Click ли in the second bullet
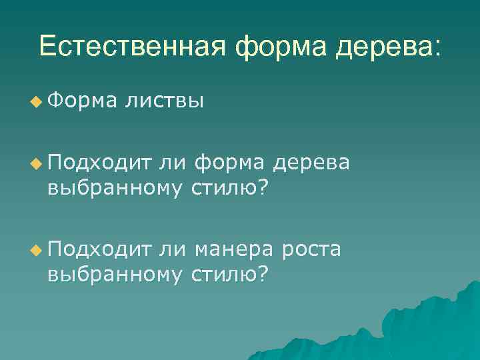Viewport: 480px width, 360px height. (x=175, y=161)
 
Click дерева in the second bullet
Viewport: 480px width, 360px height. (x=317, y=162)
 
